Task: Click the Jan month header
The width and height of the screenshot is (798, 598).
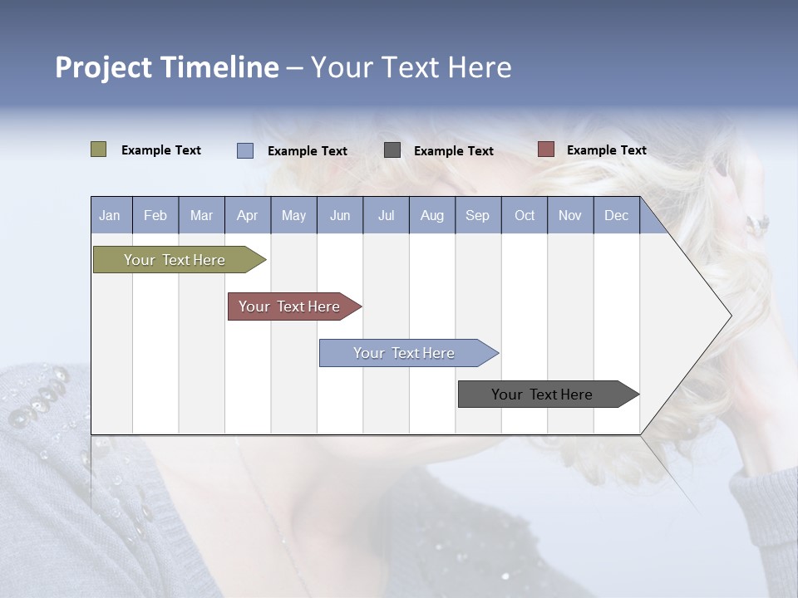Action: click(x=111, y=215)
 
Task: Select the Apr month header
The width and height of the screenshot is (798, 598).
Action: click(x=248, y=215)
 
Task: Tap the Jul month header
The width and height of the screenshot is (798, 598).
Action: click(x=386, y=215)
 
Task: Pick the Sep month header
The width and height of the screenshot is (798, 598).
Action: click(x=478, y=215)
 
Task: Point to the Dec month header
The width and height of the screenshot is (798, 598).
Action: click(x=616, y=215)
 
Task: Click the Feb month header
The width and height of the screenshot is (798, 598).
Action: click(x=155, y=215)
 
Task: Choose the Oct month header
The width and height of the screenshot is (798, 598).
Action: click(x=525, y=215)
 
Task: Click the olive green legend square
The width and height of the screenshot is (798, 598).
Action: click(x=98, y=149)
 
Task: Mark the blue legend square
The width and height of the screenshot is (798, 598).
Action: click(x=244, y=150)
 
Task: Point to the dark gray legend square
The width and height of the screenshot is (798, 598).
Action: click(x=392, y=149)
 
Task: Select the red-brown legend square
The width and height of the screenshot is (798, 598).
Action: click(x=545, y=149)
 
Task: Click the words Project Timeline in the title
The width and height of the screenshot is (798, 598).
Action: click(x=166, y=67)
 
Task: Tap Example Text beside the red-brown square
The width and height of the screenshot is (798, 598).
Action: click(x=606, y=150)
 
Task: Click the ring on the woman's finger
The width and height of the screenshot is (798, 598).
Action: click(x=757, y=223)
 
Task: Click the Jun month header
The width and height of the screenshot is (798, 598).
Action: click(x=340, y=215)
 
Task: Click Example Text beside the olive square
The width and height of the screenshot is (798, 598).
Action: click(x=161, y=150)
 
